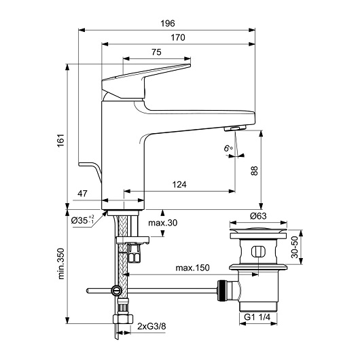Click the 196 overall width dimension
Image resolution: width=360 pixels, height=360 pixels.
168,23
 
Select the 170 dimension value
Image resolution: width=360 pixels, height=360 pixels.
178,37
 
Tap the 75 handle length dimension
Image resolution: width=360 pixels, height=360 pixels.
156,52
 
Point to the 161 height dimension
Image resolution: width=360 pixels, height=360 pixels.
60,141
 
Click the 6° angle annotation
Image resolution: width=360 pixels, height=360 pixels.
228,149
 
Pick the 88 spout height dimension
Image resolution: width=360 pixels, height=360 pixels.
254,170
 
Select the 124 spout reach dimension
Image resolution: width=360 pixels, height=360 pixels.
179,184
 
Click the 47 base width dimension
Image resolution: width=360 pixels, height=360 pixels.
82,194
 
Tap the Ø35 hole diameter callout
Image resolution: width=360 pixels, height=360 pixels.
82,220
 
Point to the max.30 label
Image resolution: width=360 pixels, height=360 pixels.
163,223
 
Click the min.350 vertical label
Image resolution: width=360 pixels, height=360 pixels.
61,264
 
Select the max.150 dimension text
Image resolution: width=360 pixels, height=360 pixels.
192,268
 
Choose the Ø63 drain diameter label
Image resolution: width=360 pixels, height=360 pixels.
258,216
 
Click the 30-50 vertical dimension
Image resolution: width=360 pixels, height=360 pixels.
294,247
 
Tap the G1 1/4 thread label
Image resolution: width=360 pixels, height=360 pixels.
257,317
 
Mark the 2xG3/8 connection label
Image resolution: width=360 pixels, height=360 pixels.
151,326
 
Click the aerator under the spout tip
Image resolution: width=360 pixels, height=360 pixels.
235,128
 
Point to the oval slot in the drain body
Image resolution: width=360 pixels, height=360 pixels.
258,251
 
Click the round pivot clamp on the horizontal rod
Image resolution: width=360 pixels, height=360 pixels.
116,291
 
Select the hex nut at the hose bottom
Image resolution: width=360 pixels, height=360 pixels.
123,319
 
